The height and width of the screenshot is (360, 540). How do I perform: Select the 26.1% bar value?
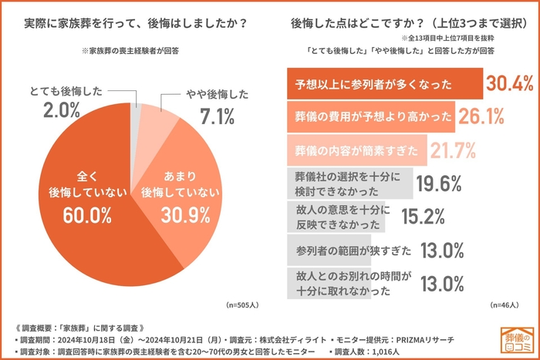(x=481, y=116)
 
